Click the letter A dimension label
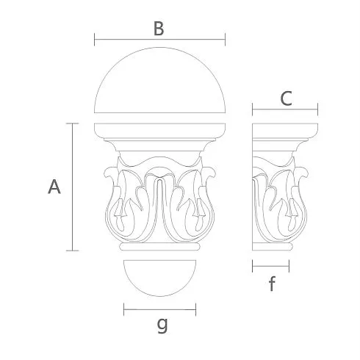tap(54, 187)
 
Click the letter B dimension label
tap(159, 29)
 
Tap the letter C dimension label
tap(286, 98)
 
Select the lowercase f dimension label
tap(272, 284)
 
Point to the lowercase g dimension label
tap(162, 325)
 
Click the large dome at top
tap(159, 80)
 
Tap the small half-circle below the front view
tap(159, 278)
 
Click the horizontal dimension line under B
tap(159, 39)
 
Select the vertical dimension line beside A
tap(72, 187)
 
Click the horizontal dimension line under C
tap(285, 109)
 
